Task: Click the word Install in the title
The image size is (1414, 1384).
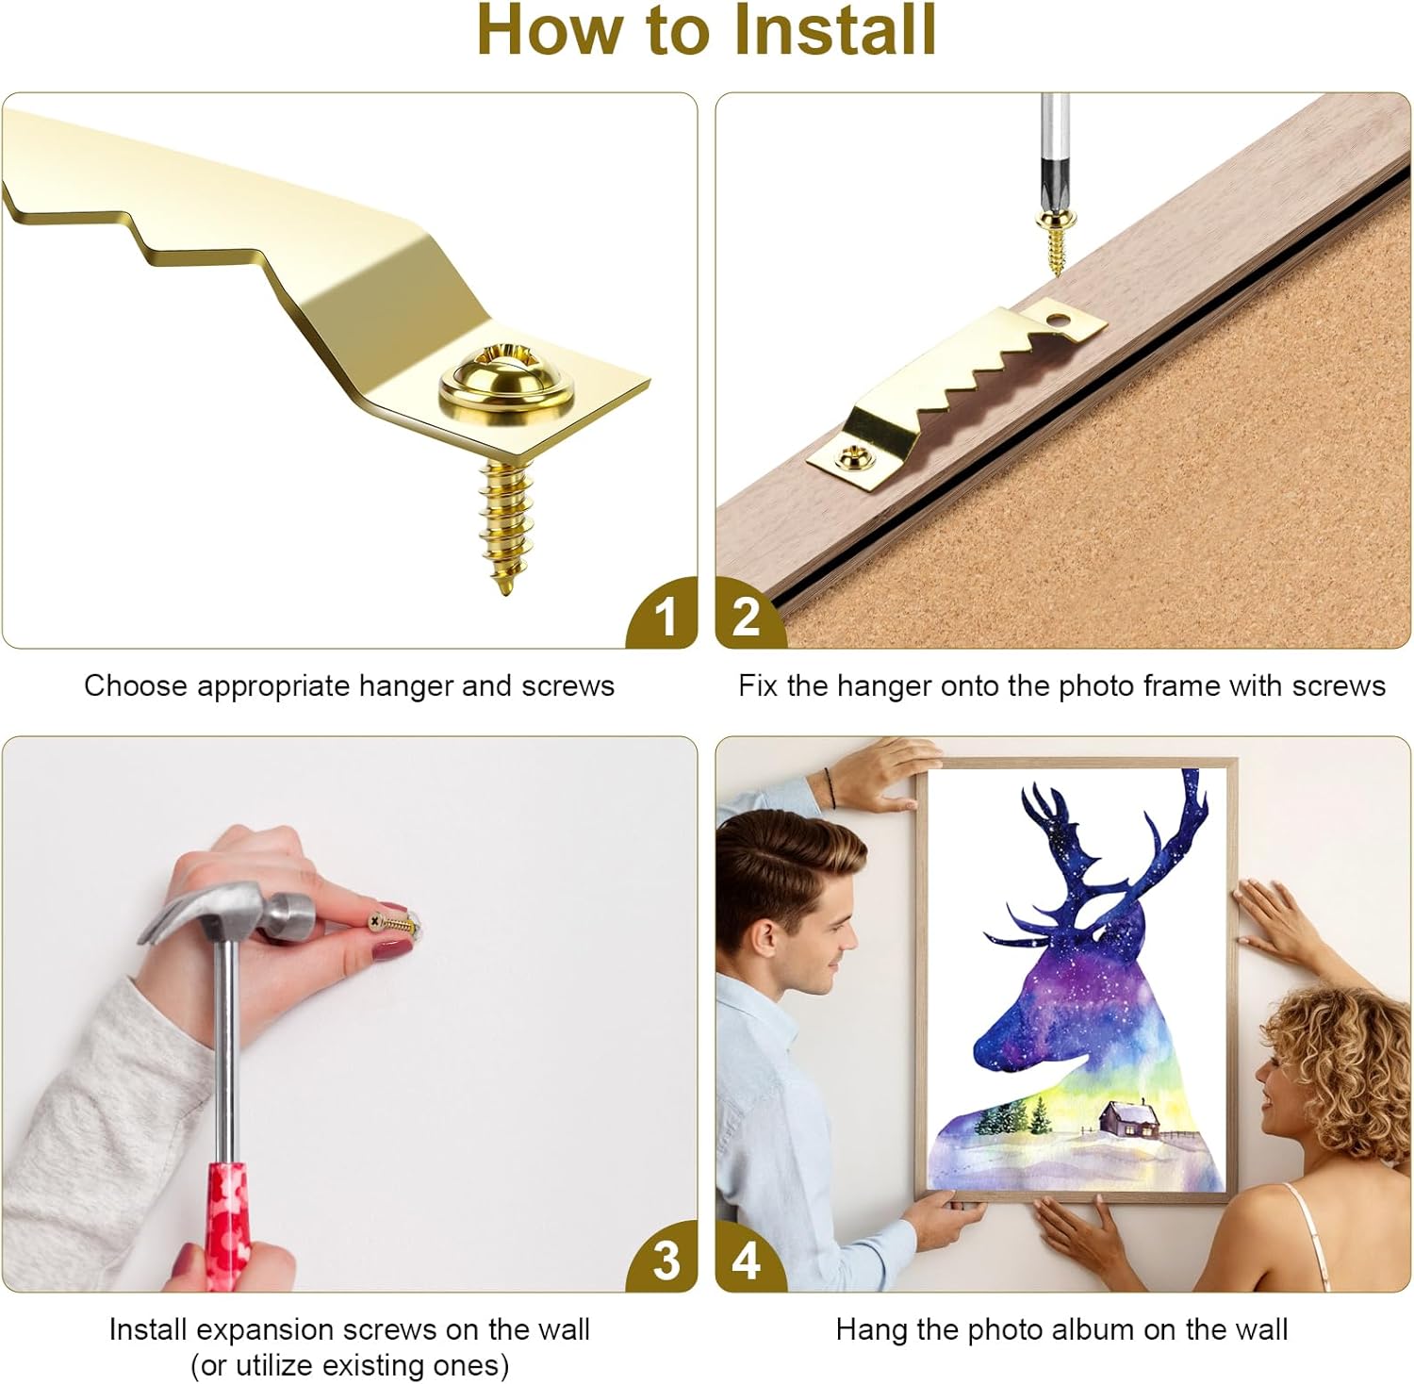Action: [x=834, y=31]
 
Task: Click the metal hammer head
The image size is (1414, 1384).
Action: [x=231, y=913]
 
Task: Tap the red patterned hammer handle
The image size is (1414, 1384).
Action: [x=229, y=1217]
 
